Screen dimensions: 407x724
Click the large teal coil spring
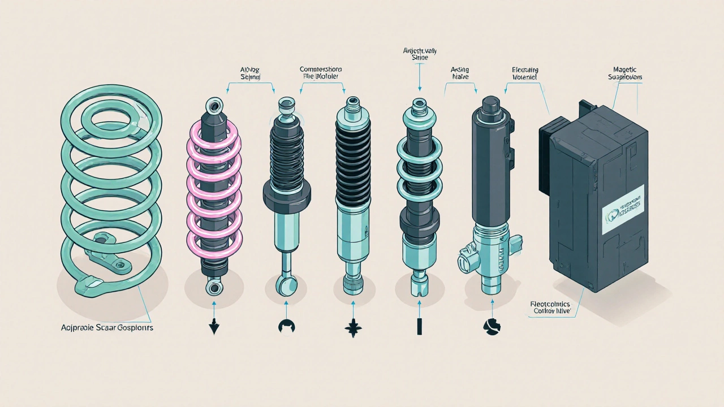(x=111, y=187)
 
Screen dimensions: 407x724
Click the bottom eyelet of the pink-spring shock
(x=214, y=288)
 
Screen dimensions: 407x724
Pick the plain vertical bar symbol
(x=419, y=327)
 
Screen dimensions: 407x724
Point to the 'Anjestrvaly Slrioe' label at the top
(x=419, y=54)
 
